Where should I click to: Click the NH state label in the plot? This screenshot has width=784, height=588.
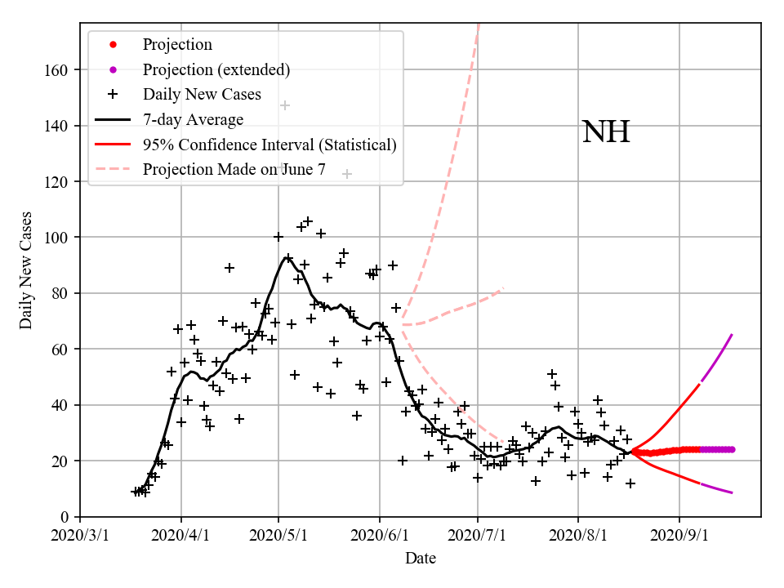coord(606,131)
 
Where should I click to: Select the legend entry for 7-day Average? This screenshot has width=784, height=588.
coord(193,120)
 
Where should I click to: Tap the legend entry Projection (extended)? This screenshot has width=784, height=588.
coord(216,69)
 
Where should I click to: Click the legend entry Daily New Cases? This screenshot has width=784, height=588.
coord(202,95)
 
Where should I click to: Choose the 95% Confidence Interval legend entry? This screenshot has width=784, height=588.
coord(269,145)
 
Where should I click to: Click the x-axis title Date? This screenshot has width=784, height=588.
coord(421,559)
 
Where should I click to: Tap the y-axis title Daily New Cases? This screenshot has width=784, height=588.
coord(27,271)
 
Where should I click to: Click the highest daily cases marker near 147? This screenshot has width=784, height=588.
coord(285,106)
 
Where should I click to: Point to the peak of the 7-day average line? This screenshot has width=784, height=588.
coord(287,258)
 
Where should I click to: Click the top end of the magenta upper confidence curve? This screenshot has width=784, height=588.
coord(732,334)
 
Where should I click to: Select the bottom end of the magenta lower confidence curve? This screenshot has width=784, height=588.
coord(732,492)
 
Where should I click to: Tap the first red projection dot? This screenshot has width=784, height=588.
coord(634,452)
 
